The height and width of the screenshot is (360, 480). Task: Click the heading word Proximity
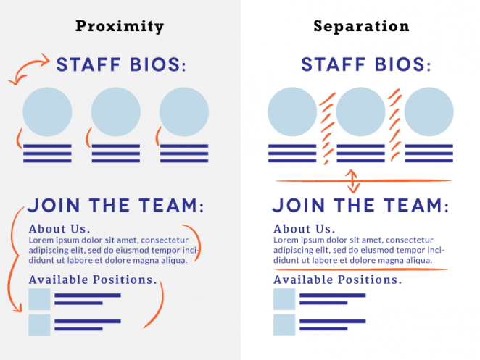[120, 27]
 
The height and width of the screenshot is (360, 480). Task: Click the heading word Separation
[361, 27]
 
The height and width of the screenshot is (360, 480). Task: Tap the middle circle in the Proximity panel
[116, 112]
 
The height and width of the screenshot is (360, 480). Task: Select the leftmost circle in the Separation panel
[292, 112]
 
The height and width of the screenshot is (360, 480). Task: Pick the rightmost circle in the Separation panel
[429, 112]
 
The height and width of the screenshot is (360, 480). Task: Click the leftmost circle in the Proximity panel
[48, 112]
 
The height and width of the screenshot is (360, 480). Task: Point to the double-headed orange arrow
[352, 180]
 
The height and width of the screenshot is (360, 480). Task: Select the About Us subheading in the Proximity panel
[59, 230]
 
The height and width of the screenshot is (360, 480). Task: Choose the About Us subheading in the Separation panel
[305, 230]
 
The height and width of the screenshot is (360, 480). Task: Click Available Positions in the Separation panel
[337, 280]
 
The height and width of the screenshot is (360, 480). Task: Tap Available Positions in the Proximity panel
[92, 280]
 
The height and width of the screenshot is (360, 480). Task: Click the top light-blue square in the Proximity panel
[39, 299]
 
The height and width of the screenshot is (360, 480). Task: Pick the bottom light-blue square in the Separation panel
[284, 325]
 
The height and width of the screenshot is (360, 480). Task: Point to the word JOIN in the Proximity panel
[54, 206]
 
